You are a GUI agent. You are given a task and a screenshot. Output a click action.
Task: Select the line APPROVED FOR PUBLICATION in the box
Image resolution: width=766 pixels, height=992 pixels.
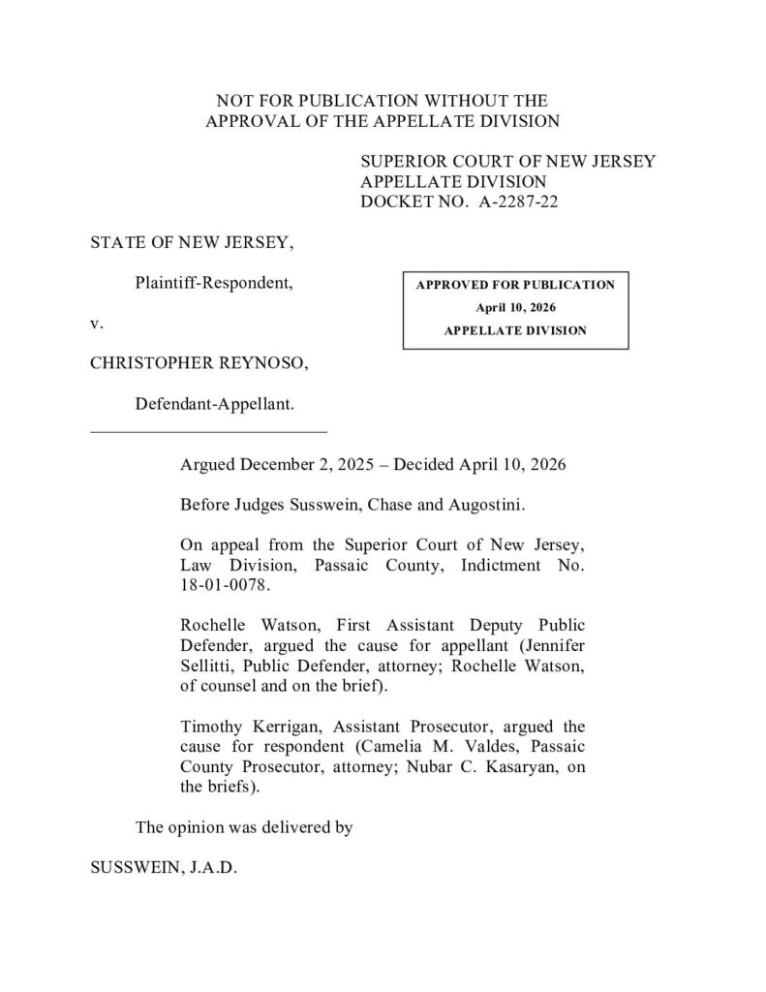pos(515,285)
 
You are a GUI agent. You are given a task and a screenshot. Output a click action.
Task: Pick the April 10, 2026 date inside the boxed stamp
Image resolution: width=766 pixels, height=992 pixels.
pos(515,307)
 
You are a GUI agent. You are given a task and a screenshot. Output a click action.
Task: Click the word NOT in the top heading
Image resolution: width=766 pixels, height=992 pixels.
pos(234,101)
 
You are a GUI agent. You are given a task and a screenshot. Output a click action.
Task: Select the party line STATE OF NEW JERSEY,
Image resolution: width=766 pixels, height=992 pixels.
pos(192,242)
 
